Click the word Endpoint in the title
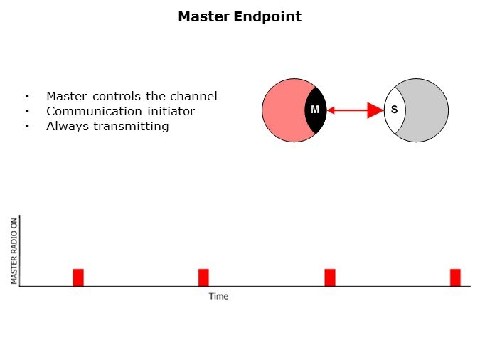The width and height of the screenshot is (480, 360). pyautogui.click(x=267, y=16)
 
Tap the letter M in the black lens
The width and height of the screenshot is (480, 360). pyautogui.click(x=315, y=110)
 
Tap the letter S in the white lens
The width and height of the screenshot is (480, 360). pyautogui.click(x=393, y=110)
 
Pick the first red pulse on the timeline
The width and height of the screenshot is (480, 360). pyautogui.click(x=78, y=277)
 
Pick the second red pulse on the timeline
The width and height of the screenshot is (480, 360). pyautogui.click(x=203, y=277)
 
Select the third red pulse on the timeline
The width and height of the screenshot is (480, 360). pyautogui.click(x=330, y=277)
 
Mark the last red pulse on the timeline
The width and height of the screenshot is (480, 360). pyautogui.click(x=455, y=277)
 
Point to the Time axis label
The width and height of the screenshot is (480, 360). pyautogui.click(x=218, y=296)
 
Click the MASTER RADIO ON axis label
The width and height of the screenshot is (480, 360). pyautogui.click(x=14, y=250)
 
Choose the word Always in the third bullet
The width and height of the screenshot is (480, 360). pyautogui.click(x=67, y=127)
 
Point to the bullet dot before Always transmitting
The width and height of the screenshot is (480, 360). pyautogui.click(x=27, y=127)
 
